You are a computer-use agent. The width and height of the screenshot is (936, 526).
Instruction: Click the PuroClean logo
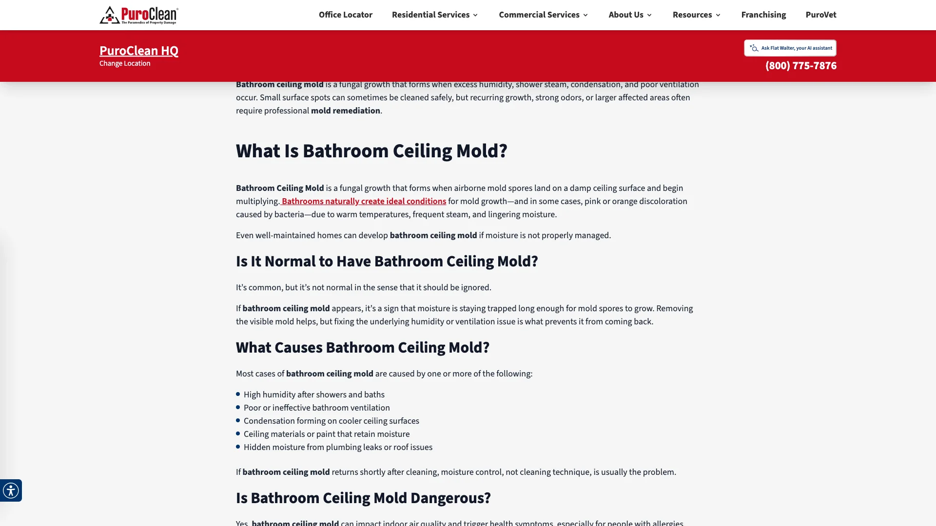coord(139,15)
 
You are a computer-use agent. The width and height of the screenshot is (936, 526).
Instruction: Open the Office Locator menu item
coord(345,15)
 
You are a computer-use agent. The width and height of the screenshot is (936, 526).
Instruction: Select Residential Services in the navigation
coord(430,15)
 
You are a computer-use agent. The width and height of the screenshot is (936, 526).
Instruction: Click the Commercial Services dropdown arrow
coord(585,15)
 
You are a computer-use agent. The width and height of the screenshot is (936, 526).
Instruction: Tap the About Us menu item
coord(626,15)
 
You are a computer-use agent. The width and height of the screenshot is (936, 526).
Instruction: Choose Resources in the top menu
coord(692,15)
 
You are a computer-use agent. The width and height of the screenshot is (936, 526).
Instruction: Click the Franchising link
coord(763,15)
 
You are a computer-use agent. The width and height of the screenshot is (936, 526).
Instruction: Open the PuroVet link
coord(820,15)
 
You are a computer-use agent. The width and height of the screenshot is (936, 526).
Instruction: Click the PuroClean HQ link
coord(139,51)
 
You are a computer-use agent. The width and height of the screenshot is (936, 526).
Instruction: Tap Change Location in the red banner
coord(125,64)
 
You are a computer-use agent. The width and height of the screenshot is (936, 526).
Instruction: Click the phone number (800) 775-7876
coord(800,66)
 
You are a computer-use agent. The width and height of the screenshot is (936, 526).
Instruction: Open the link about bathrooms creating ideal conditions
coord(364,202)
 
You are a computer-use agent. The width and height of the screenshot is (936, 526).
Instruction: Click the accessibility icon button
coord(11,490)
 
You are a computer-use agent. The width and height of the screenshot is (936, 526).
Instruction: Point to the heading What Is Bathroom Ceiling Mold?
coord(371,151)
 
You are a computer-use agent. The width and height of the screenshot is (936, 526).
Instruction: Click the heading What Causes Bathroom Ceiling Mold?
coord(363,348)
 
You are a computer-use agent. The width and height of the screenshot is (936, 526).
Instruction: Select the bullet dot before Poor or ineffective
coord(238,408)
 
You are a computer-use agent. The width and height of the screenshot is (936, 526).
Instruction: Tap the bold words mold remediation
coord(345,111)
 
